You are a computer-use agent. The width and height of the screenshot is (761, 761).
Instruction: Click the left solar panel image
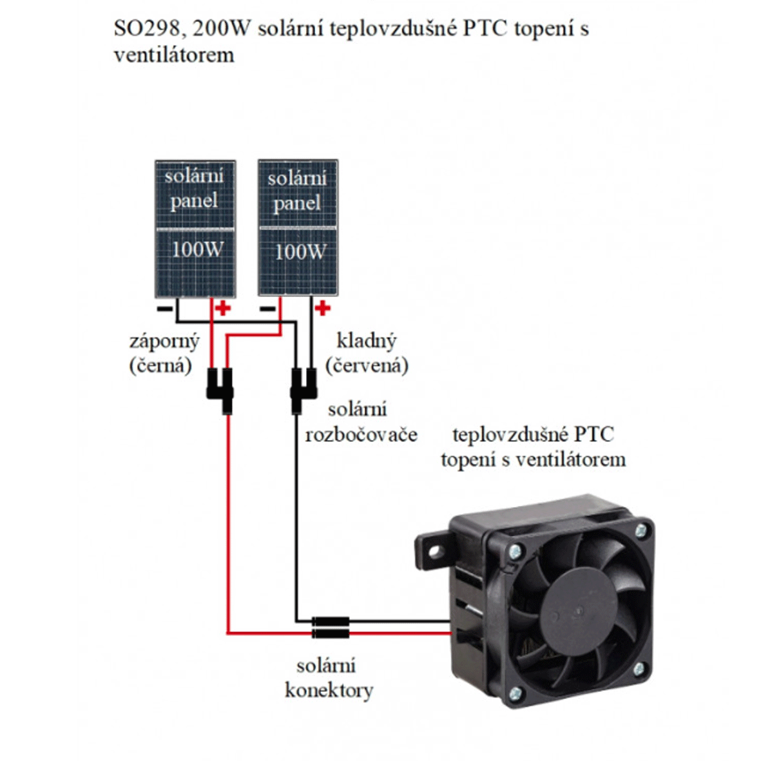click(195, 229)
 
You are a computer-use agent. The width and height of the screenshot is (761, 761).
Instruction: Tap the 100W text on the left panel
click(196, 249)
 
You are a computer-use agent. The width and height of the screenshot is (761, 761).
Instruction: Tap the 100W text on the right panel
click(299, 251)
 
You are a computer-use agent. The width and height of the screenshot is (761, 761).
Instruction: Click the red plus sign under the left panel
click(223, 308)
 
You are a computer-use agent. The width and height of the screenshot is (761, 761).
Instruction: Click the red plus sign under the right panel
click(322, 309)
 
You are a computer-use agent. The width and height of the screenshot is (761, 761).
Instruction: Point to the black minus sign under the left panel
click(165, 309)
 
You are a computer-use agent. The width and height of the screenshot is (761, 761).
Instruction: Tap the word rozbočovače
click(361, 434)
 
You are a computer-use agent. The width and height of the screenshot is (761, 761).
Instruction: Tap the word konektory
click(329, 691)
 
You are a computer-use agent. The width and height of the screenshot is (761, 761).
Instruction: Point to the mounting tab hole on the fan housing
click(433, 551)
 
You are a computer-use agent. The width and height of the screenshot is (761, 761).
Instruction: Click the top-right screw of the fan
click(641, 531)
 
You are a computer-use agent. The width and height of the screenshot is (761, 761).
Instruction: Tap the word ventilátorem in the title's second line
click(173, 55)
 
